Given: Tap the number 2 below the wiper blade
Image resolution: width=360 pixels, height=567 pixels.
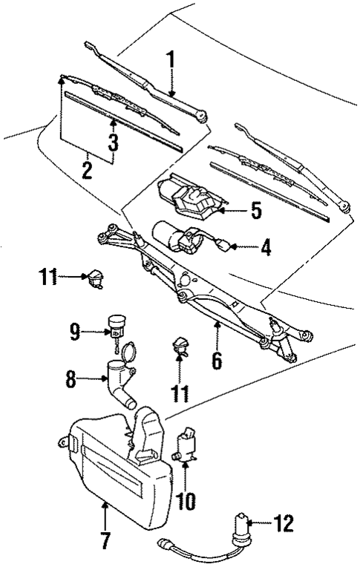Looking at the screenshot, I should click(87, 169).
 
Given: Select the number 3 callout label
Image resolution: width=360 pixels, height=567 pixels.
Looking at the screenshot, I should click(113, 144).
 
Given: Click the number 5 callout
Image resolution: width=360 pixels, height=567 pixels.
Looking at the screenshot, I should click(255, 211).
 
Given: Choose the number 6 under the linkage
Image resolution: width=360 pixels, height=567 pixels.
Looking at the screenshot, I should click(217, 361).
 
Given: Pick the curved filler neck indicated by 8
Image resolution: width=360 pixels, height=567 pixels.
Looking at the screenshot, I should click(120, 380).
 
